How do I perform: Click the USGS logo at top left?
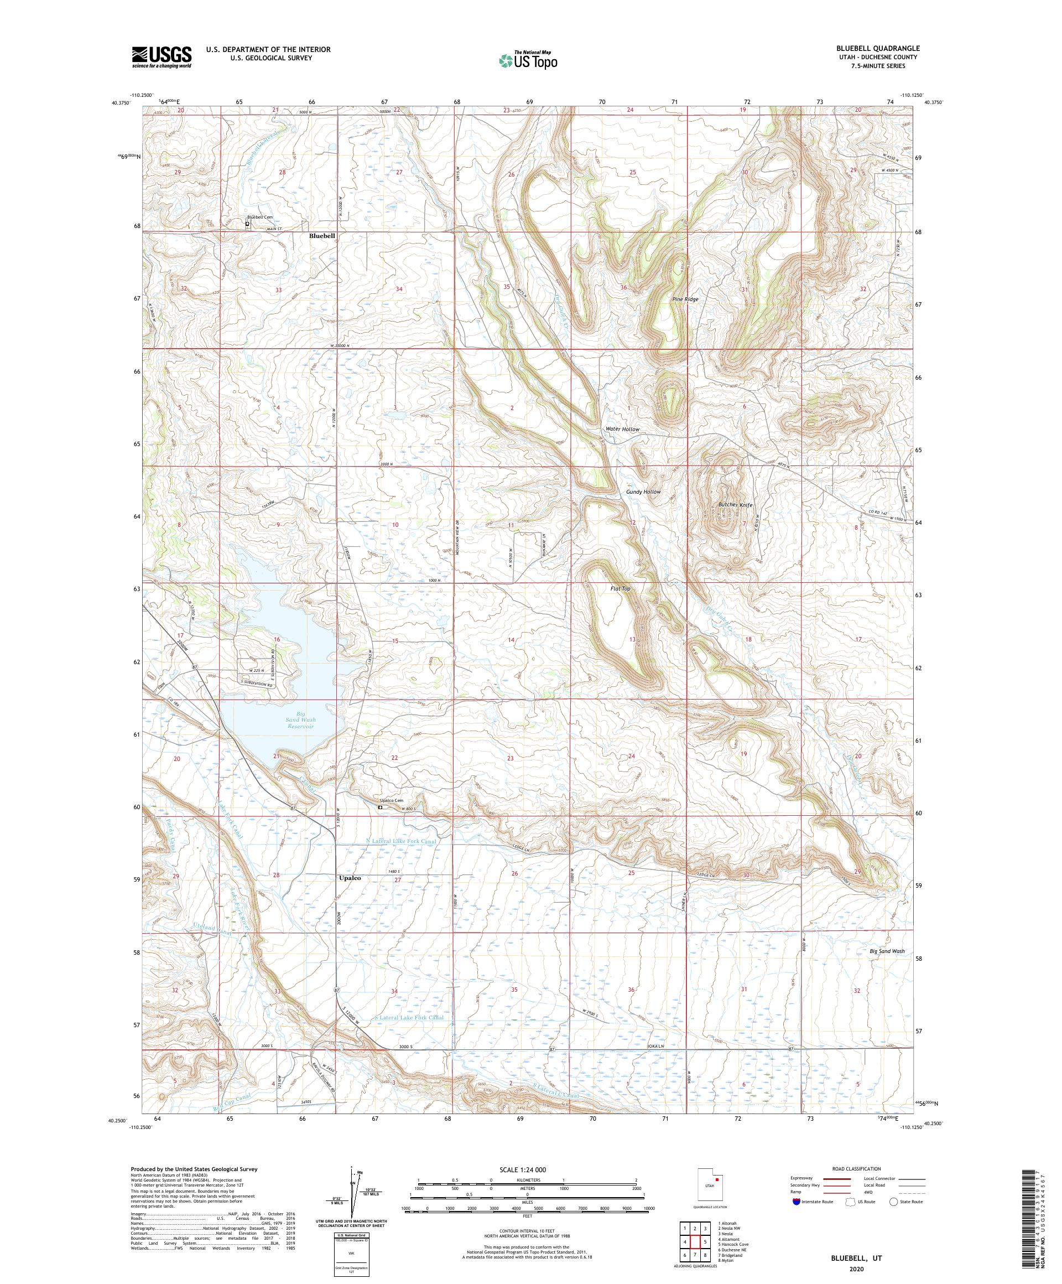(162, 58)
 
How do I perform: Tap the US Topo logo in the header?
(529, 60)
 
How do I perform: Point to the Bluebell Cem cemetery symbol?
(247, 224)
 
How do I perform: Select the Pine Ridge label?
(685, 299)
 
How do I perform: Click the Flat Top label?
(619, 589)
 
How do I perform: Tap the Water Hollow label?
(622, 429)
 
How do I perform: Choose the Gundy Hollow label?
(643, 491)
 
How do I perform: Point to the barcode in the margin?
(1042, 1198)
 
